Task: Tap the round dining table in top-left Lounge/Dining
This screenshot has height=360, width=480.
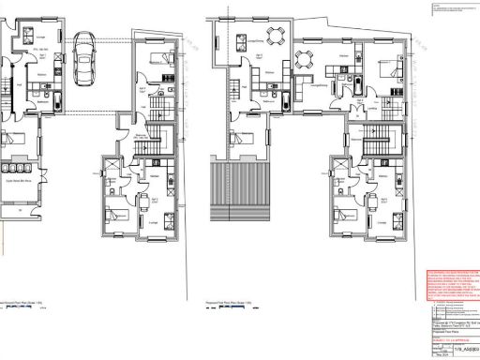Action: tap(274, 37)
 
